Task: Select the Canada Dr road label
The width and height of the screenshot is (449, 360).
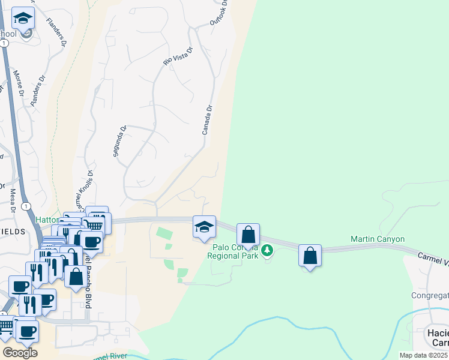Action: tap(208, 120)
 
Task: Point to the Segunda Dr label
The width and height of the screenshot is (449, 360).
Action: tap(119, 141)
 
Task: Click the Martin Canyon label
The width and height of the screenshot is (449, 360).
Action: tap(378, 239)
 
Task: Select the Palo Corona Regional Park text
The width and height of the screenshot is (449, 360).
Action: tap(232, 251)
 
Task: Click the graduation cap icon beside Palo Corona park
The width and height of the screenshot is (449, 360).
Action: tap(204, 227)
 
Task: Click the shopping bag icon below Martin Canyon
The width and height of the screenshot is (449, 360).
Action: tap(310, 256)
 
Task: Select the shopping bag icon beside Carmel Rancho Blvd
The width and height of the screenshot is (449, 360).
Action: tap(76, 277)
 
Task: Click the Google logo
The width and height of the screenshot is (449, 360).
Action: tap(20, 353)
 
